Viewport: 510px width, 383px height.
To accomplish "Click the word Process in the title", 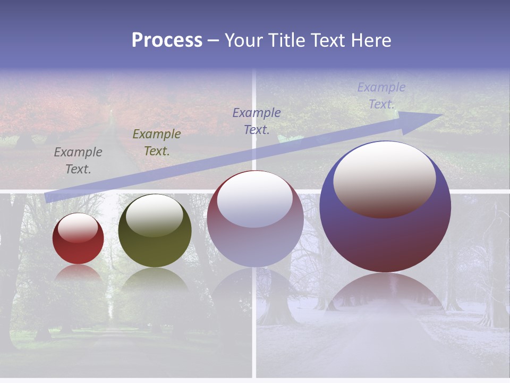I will coord(167,40).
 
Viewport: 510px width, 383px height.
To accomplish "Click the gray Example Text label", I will coord(78,160).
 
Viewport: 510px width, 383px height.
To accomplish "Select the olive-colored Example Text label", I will coord(157,142).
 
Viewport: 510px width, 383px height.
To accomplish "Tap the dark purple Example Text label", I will coord(257,121).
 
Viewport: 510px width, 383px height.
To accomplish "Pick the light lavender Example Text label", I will coord(381,95).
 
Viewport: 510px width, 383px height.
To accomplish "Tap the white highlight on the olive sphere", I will coord(155,214).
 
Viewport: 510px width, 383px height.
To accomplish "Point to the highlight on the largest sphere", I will coord(384,178).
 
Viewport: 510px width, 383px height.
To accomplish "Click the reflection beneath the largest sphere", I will coord(385,290).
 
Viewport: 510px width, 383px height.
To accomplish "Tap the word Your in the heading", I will coord(244,40).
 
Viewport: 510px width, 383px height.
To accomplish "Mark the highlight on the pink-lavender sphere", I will coord(255,199).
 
